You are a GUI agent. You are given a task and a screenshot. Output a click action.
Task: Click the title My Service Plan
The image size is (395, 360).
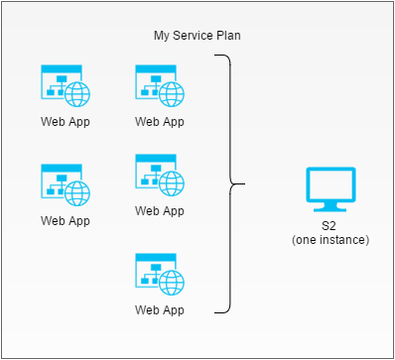pos(197,36)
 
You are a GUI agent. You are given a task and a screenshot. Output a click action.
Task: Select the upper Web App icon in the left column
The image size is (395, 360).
pos(65,86)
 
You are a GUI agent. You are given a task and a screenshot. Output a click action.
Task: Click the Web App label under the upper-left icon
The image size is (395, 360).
pos(65,122)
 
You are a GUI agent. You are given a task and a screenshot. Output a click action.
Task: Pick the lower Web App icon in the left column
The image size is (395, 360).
pos(65,184)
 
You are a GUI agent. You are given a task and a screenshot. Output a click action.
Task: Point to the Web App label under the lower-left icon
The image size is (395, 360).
pos(65,220)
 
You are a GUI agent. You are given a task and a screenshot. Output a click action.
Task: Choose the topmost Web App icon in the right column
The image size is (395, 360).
pos(159,86)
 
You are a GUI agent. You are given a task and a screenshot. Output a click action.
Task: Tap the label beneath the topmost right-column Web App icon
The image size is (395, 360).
pos(159,122)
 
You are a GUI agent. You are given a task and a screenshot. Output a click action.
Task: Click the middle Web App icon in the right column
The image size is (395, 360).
pos(159,175)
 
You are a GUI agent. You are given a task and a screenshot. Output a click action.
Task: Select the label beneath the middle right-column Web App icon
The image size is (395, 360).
pos(159,210)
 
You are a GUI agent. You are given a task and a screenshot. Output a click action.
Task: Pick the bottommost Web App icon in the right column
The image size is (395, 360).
pos(159,274)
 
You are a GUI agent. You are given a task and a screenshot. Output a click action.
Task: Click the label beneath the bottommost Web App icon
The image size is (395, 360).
pos(159,309)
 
